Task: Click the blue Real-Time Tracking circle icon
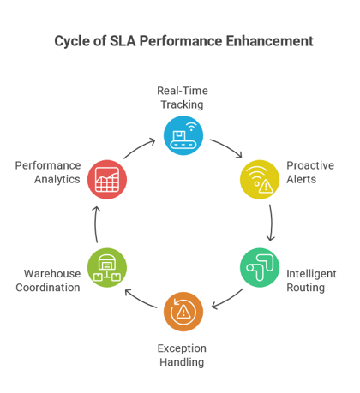pyautogui.click(x=183, y=134)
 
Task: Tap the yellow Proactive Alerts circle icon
pyautogui.click(x=259, y=179)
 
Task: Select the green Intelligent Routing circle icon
pyautogui.click(x=259, y=268)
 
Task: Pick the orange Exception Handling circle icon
pyautogui.click(x=183, y=312)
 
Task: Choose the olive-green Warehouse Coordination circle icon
pyautogui.click(x=107, y=268)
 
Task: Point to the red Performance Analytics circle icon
pyautogui.click(x=107, y=179)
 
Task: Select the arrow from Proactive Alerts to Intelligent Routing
pyautogui.click(x=271, y=223)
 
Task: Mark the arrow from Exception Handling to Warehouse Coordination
pyautogui.click(x=140, y=300)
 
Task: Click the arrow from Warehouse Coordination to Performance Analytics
pyautogui.click(x=95, y=224)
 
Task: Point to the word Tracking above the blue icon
pyautogui.click(x=182, y=104)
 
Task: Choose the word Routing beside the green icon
pyautogui.click(x=306, y=288)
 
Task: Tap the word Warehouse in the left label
pyautogui.click(x=52, y=274)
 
